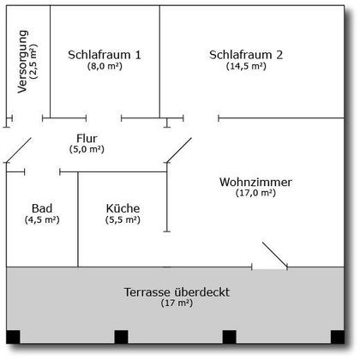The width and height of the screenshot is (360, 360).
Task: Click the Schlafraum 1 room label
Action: click(105, 55)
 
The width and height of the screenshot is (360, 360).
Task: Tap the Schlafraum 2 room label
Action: click(246, 55)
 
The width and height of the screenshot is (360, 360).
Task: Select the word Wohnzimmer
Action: click(255, 182)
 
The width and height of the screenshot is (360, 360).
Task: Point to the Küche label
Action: click(123, 208)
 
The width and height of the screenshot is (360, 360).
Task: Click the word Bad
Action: click(42, 208)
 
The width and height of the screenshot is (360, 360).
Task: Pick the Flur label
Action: click(87, 138)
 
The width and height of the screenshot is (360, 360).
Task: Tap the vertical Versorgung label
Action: click(22, 62)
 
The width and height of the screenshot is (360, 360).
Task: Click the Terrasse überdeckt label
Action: click(177, 292)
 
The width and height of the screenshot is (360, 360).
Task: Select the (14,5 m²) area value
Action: click(246, 66)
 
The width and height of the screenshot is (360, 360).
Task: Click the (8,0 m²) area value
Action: click(105, 66)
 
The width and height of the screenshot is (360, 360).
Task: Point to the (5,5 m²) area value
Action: click(123, 220)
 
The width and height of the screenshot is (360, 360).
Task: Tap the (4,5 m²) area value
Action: click(42, 220)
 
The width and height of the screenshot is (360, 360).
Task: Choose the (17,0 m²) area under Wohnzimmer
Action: click(255, 193)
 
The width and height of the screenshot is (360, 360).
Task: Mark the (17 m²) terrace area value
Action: click(177, 303)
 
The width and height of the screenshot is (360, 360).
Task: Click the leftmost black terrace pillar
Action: click(13, 337)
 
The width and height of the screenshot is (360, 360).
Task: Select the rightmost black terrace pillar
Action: click(338, 337)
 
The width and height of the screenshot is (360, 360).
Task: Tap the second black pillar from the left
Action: click(121, 337)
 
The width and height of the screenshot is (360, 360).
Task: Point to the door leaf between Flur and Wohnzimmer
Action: click(179, 150)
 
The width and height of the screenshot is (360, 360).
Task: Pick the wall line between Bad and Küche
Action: click(78, 219)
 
